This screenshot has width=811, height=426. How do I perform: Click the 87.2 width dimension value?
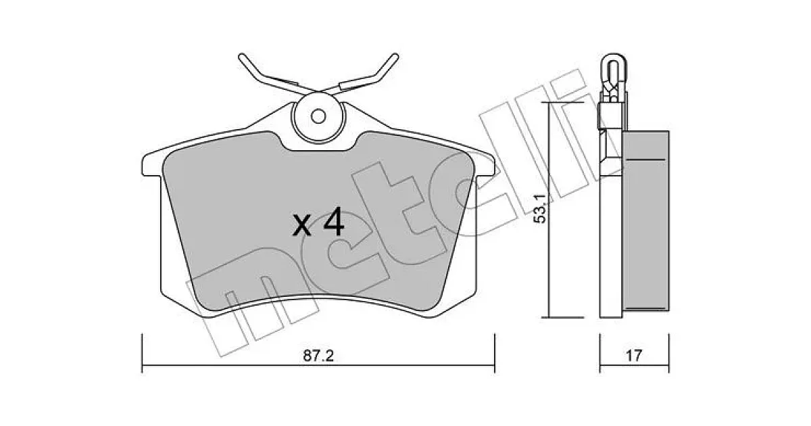pos(318,356)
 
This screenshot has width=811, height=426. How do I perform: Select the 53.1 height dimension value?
pos(539,208)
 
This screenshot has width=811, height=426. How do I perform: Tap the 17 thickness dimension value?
pos(634,356)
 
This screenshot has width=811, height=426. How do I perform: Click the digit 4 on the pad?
pos(334,222)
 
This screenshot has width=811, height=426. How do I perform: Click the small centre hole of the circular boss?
pos(318,116)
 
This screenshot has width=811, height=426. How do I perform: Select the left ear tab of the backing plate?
pos(151,165)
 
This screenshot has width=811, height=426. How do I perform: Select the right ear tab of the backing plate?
pos(485,165)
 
